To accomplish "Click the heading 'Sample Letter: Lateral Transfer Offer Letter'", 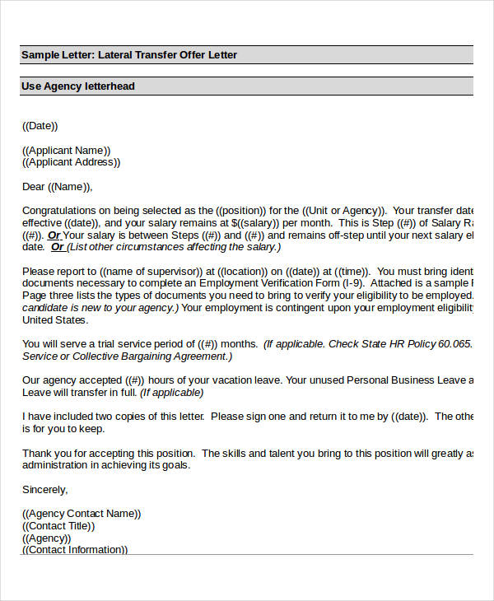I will pos(129,55).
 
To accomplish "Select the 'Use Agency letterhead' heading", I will pos(78,86).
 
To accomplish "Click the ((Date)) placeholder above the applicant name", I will pos(40,126).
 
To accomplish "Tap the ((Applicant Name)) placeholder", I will pos(67,151).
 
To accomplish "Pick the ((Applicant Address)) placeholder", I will pos(72,162).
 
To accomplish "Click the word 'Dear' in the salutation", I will pos(34,187).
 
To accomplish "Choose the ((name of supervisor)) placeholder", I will pos(151,271).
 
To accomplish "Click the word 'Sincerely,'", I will pos(44,489).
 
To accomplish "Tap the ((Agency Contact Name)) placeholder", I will pos(82,514).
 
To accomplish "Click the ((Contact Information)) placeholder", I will pos(75,550).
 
